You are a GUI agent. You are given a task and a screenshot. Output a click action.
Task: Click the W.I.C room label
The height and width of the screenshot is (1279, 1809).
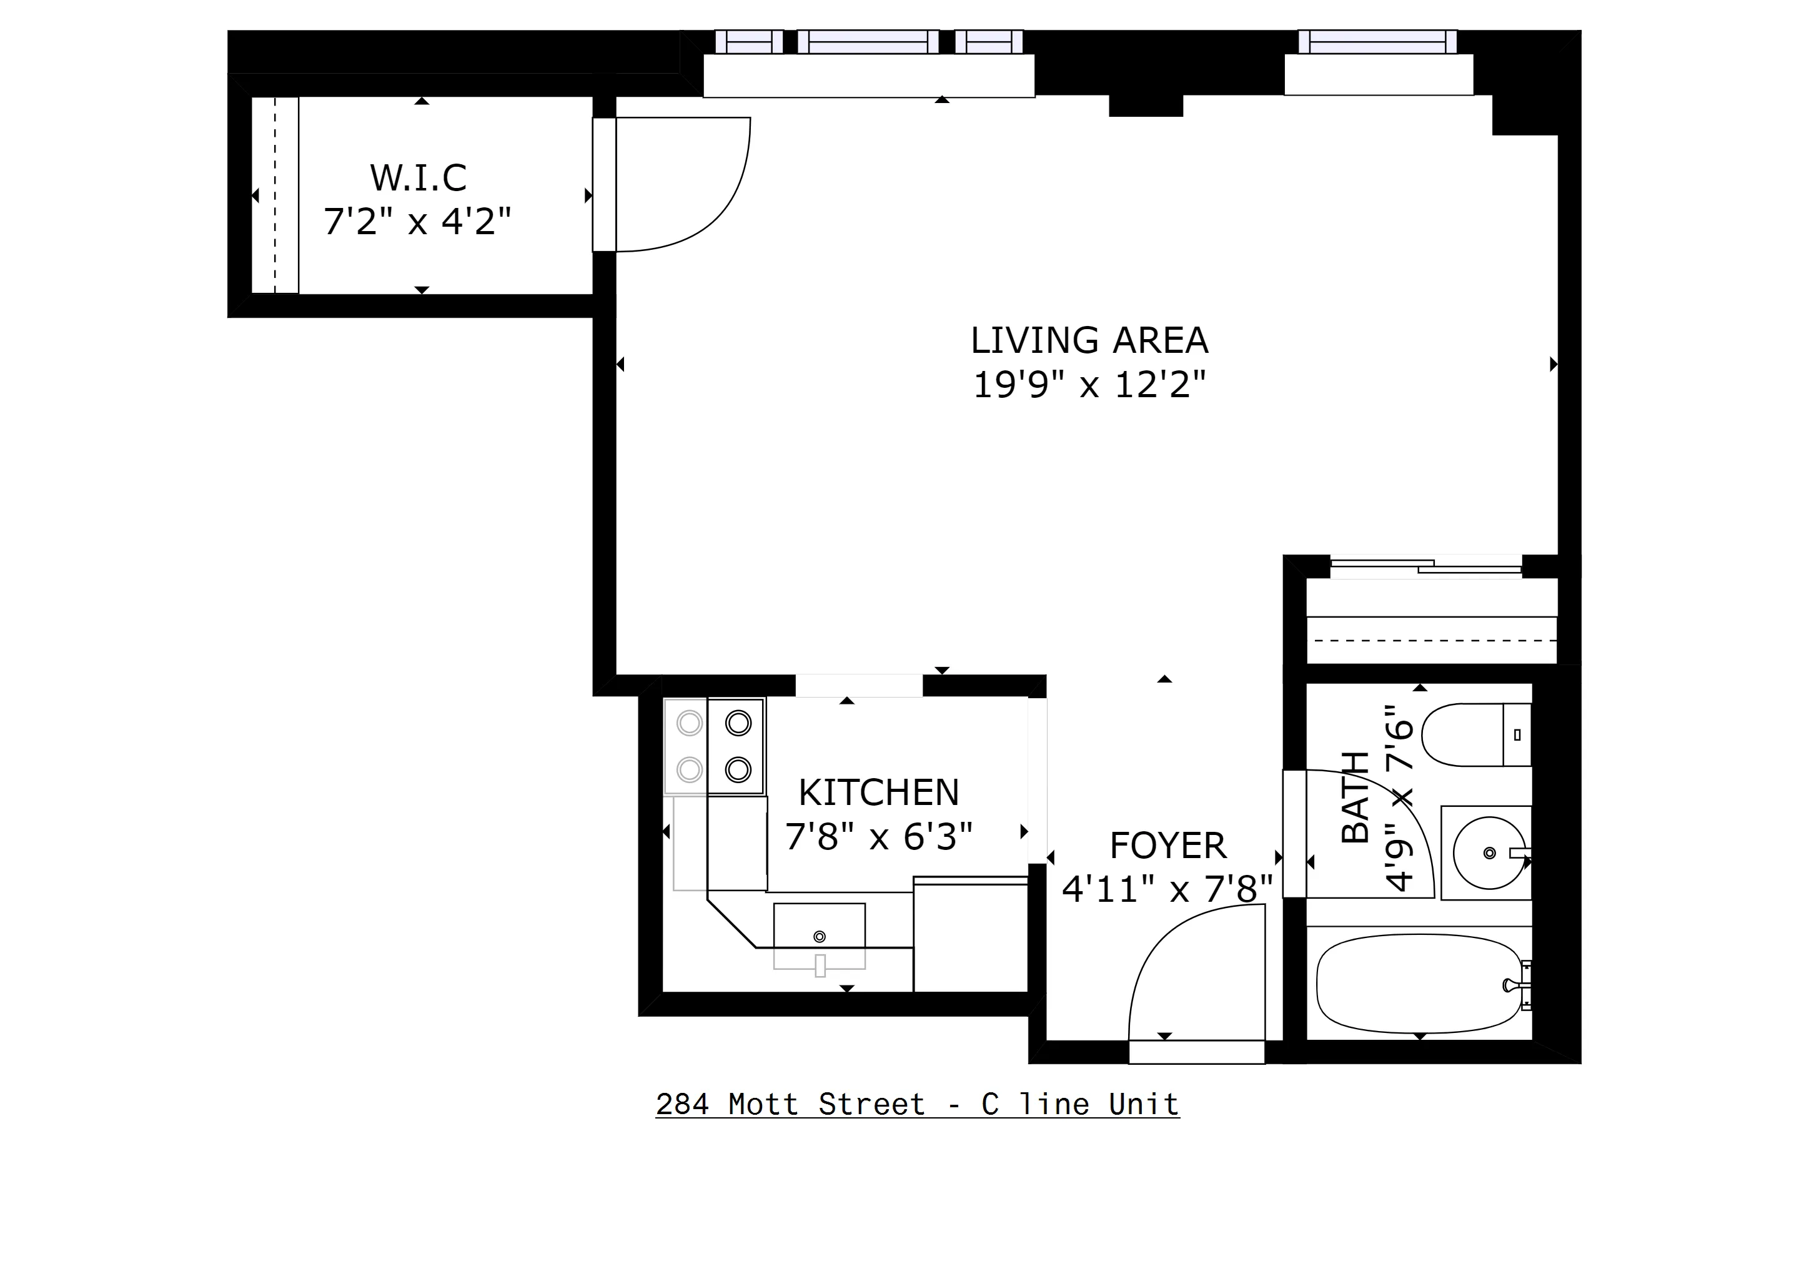pyautogui.click(x=419, y=178)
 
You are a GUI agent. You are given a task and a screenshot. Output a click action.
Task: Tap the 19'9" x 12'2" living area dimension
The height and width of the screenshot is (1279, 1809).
pyautogui.click(x=1089, y=385)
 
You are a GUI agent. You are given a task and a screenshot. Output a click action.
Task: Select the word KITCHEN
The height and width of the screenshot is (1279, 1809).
pyautogui.click(x=878, y=793)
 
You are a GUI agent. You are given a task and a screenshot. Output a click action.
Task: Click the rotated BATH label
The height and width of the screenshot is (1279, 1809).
pyautogui.click(x=1355, y=796)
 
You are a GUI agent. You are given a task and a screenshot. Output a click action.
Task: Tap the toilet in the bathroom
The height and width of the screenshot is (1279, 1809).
pyautogui.click(x=1475, y=735)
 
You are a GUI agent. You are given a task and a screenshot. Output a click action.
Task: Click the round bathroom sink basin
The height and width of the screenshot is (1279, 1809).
pyautogui.click(x=1487, y=853)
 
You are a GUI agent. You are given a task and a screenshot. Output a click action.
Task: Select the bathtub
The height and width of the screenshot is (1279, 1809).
pyautogui.click(x=1418, y=984)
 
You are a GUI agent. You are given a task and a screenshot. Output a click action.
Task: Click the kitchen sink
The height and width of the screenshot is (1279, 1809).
pyautogui.click(x=820, y=936)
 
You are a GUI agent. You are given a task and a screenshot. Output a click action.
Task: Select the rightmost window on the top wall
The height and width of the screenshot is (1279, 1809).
pyautogui.click(x=1377, y=41)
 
